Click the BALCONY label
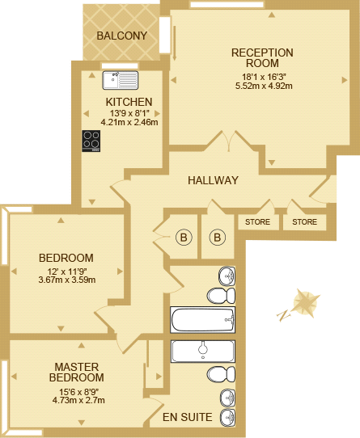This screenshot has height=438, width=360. [x=121, y=36]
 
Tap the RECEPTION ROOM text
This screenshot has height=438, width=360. [x=261, y=57]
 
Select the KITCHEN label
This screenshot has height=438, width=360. [x=129, y=101]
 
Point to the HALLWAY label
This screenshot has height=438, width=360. [x=213, y=180]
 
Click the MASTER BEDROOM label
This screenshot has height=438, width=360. [x=77, y=372]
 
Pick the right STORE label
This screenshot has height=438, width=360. [x=305, y=221]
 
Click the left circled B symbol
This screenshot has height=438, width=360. [x=184, y=238]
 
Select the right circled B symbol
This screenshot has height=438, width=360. [x=217, y=238]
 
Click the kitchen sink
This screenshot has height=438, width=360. [x=121, y=80]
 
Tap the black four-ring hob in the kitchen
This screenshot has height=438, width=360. [x=91, y=141]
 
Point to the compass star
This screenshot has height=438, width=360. [x=305, y=305]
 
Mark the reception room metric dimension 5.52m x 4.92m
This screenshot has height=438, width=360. [x=262, y=85]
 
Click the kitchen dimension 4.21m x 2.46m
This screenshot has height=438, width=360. [x=129, y=122]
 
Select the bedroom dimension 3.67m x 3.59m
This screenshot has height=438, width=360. [x=66, y=280]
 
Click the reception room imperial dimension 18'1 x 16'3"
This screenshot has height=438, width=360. [x=262, y=76]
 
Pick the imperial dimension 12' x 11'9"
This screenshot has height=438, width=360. [x=66, y=271]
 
